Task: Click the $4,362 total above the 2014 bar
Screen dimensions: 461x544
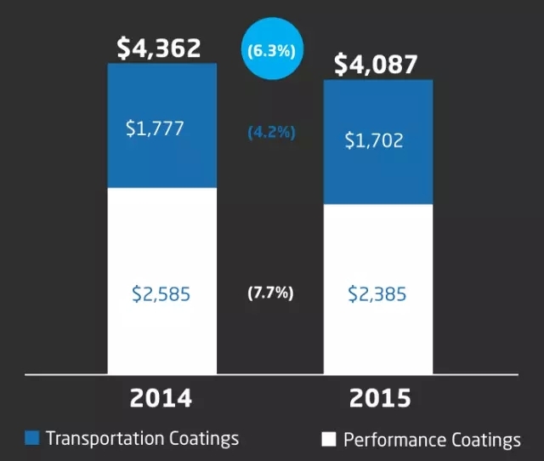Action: click(x=159, y=48)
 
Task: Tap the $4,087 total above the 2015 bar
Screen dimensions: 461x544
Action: click(x=377, y=65)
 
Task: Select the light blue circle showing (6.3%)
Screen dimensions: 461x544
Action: click(x=270, y=50)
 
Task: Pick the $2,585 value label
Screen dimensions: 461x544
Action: click(x=161, y=294)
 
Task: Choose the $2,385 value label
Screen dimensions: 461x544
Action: click(x=377, y=294)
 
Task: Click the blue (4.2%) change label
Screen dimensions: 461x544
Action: click(x=271, y=134)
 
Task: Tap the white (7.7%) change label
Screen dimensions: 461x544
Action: click(x=270, y=293)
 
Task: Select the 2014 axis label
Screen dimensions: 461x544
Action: click(x=161, y=399)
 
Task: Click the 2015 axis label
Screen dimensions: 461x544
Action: click(x=378, y=399)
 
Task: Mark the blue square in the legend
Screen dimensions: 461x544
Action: click(x=32, y=439)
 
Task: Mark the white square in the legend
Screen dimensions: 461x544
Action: click(x=328, y=440)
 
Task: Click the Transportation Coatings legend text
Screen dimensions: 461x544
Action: click(x=142, y=439)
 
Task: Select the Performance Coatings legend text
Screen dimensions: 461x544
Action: click(x=432, y=440)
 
